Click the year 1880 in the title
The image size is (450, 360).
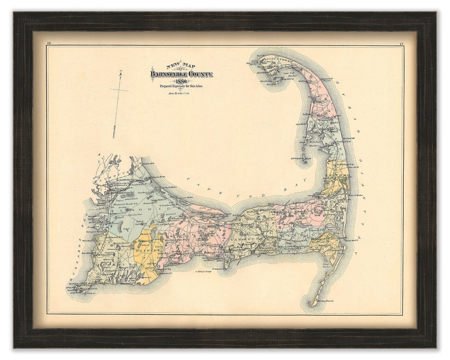tap(181, 81)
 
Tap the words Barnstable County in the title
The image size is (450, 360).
tap(182, 74)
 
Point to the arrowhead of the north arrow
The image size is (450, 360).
tap(120, 75)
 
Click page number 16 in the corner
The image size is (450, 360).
tap(49, 43)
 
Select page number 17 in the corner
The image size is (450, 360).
tap(401, 44)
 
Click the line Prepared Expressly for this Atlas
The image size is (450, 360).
tap(181, 86)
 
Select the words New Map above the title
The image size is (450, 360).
tap(180, 65)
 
